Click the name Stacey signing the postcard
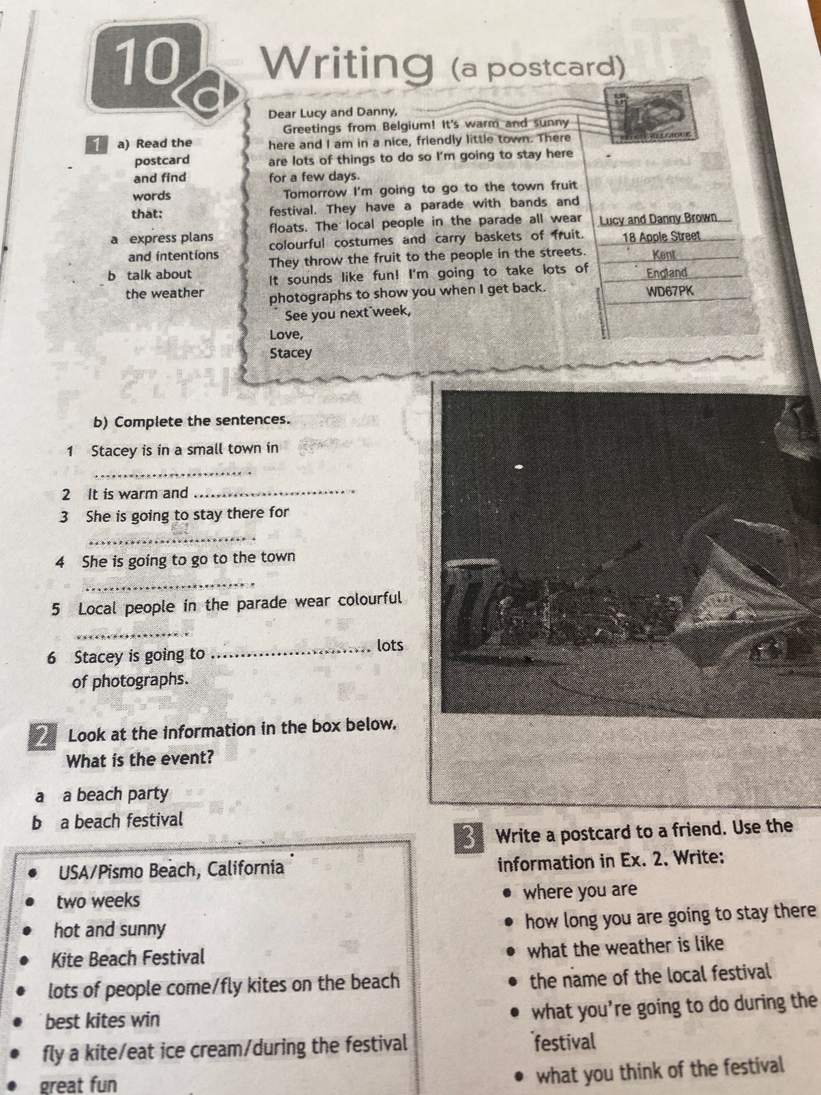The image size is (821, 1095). tap(291, 352)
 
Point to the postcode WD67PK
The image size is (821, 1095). tap(670, 291)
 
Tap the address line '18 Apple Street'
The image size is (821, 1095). tap(661, 236)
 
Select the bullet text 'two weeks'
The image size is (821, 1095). tap(98, 901)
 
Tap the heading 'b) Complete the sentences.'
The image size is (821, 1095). tap(192, 421)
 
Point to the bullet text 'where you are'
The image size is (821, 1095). tap(580, 890)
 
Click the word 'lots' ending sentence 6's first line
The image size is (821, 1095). tap(390, 646)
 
